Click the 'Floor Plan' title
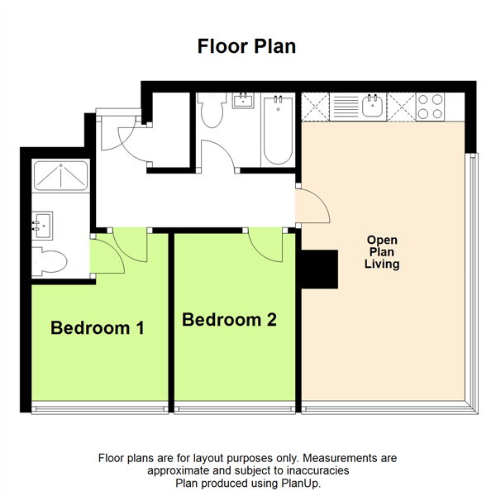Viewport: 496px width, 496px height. click(x=246, y=46)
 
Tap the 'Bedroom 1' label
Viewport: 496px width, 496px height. click(x=98, y=327)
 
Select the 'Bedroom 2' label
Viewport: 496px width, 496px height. click(x=229, y=319)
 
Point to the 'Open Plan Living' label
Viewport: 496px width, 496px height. click(x=382, y=252)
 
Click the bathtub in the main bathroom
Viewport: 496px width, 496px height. click(x=278, y=131)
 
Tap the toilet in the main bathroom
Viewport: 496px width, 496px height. click(x=212, y=110)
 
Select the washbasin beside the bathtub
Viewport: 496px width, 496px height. click(x=243, y=101)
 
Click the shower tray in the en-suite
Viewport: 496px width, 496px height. click(x=60, y=176)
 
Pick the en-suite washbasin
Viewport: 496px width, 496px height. click(x=42, y=226)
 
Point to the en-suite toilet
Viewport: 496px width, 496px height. click(x=50, y=261)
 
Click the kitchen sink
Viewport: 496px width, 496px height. click(x=372, y=105)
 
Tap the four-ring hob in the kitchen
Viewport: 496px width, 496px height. click(x=430, y=107)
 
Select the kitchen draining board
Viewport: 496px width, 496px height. click(x=344, y=107)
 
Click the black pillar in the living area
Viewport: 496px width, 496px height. click(x=319, y=269)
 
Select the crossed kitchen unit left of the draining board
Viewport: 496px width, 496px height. click(x=316, y=107)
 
